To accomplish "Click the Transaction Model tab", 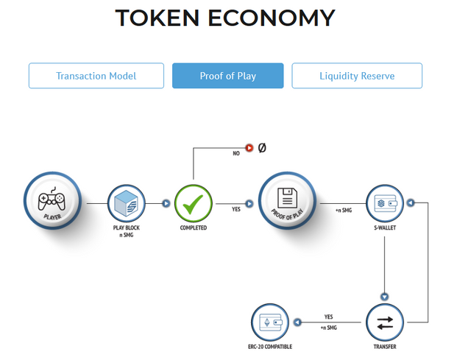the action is coord(96,76).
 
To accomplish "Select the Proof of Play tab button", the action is coord(227,76).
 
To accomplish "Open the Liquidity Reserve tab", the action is coord(357,76).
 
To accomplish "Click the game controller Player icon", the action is coord(52,200).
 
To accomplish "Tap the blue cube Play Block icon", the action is coord(126,203).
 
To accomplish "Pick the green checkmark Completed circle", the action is coord(194,203).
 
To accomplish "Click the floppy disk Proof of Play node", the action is coord(288,200).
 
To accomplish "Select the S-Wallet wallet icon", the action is coord(385,203).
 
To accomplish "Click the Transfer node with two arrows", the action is coord(385,322).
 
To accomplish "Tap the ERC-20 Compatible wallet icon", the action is coord(270,322).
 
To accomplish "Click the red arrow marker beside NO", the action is coord(249,148).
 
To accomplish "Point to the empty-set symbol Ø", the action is coord(262,148).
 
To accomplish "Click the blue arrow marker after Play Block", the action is coord(166,203).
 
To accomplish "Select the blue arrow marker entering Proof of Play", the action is coord(249,204).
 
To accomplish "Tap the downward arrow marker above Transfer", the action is coord(385,297).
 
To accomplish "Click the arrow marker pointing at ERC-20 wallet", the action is coord(297,322).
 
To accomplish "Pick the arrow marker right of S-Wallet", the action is coord(411,203).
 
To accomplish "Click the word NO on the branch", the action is coord(236,153).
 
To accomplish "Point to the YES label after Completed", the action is coord(236,209).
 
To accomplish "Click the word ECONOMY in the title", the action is coord(272,18).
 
